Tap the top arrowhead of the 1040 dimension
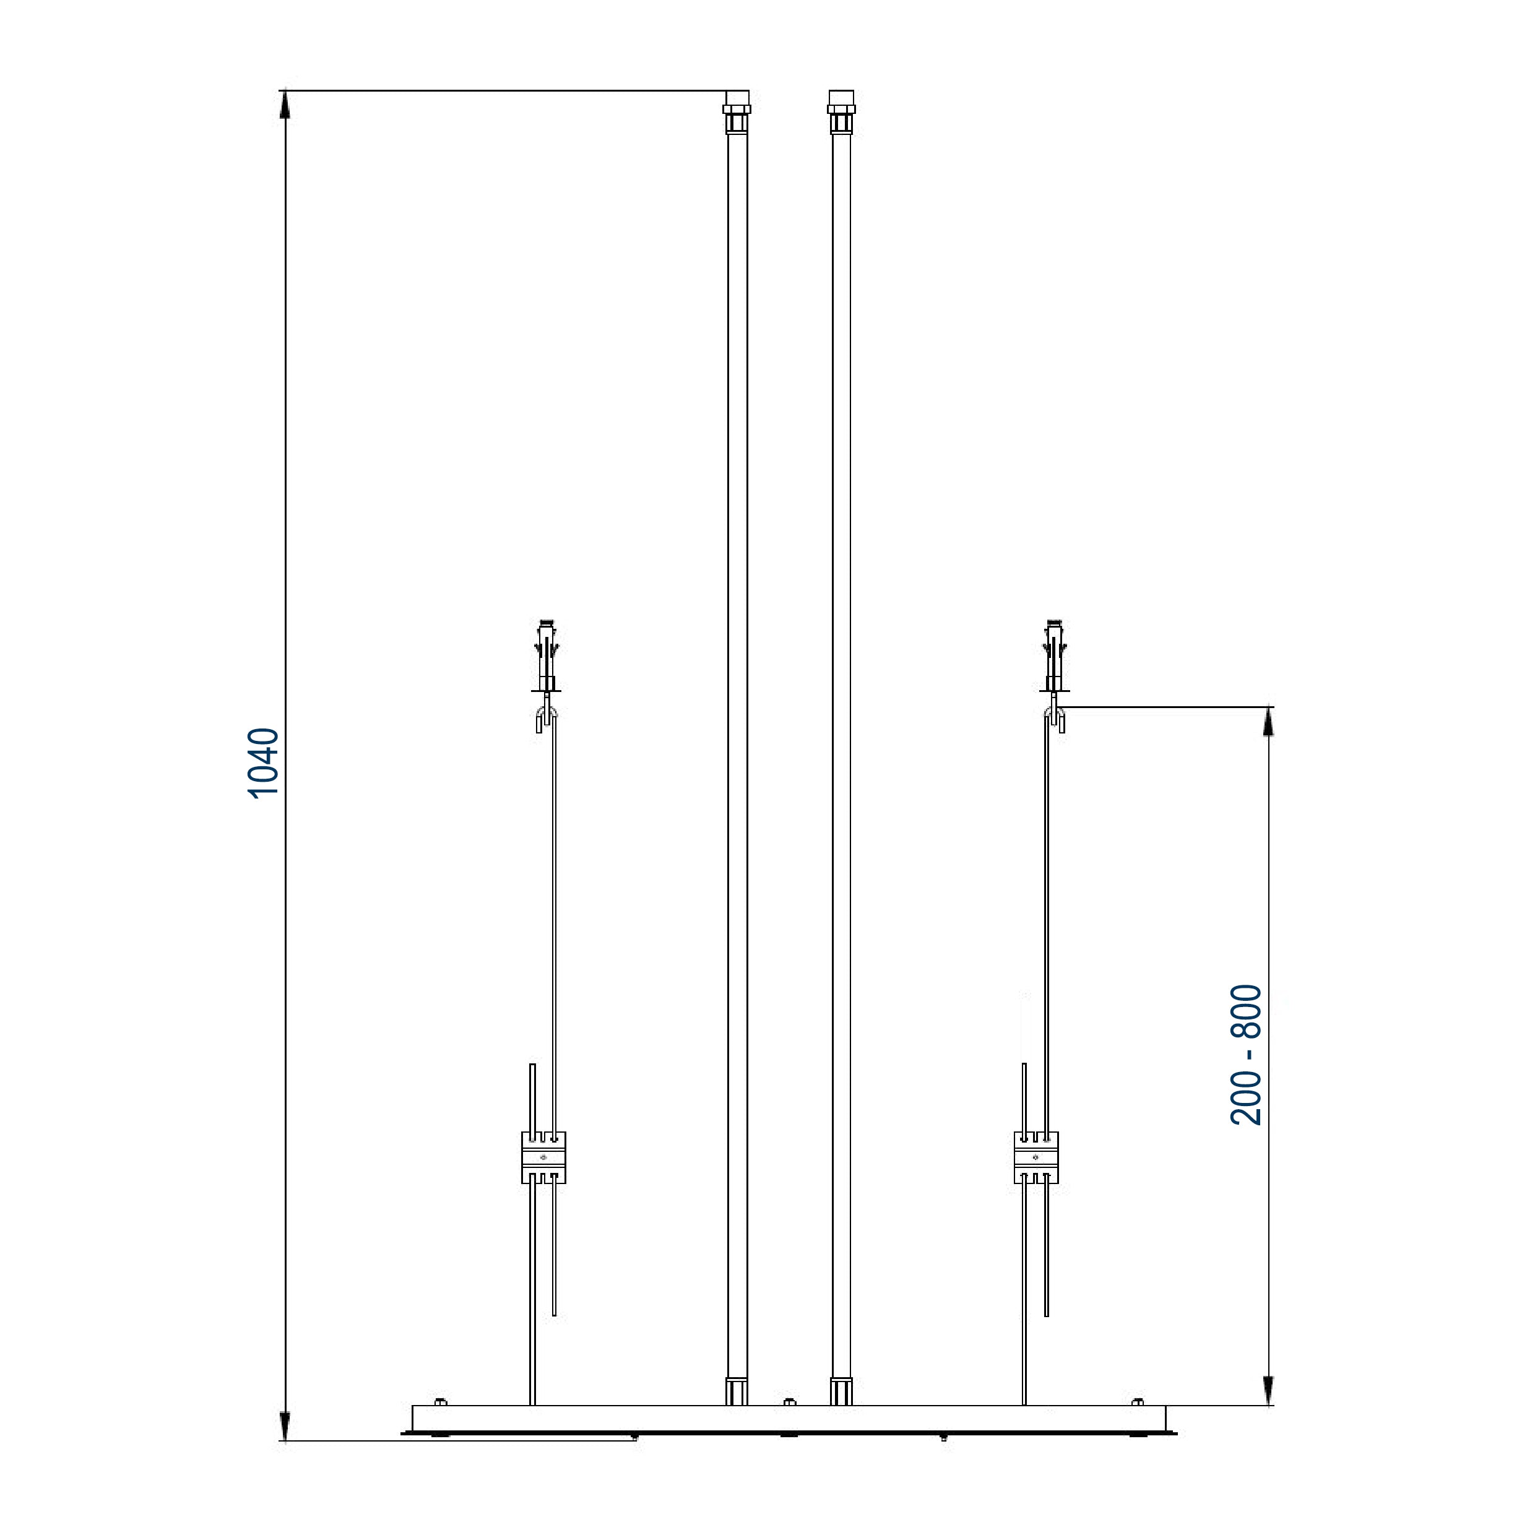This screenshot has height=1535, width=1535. [285, 103]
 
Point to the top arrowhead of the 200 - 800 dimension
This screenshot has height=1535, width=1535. [1268, 720]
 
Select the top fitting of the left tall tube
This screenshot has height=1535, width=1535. [737, 111]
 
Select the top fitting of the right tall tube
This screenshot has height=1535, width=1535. [841, 111]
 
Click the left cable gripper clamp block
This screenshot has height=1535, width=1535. [543, 1157]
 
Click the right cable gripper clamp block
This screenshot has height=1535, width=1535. [1036, 1157]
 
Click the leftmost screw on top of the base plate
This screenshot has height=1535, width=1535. [440, 1401]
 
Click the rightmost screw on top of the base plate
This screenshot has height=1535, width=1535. [1137, 1401]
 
